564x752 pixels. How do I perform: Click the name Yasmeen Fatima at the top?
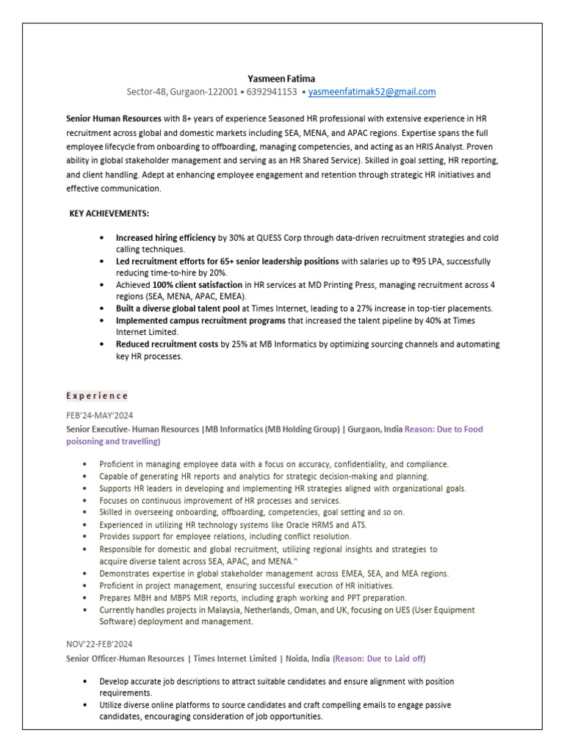point(282,78)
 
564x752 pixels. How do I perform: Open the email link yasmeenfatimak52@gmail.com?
point(372,92)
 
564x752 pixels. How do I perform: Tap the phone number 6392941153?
point(271,92)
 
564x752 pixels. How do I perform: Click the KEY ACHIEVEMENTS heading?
point(109,213)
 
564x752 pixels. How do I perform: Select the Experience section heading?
point(97,395)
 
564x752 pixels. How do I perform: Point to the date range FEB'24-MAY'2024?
point(99,415)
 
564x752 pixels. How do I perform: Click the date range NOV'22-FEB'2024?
point(100,644)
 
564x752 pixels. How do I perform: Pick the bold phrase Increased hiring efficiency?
point(166,238)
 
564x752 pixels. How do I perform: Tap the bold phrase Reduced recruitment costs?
point(167,344)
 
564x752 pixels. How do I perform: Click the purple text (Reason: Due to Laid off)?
point(379,658)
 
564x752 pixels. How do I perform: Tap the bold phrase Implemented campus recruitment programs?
point(200,321)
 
